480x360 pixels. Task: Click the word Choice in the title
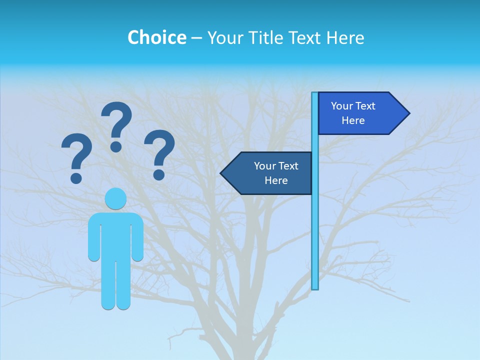156,37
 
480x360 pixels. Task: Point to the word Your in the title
226,37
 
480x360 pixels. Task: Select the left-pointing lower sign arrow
267,173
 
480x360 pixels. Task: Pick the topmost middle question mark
116,125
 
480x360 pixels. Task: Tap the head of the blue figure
115,198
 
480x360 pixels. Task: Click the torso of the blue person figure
115,235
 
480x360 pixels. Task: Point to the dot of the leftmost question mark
76,177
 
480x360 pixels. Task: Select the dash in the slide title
196,38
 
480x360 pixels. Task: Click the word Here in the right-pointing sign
353,120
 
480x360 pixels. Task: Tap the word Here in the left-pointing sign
276,180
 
